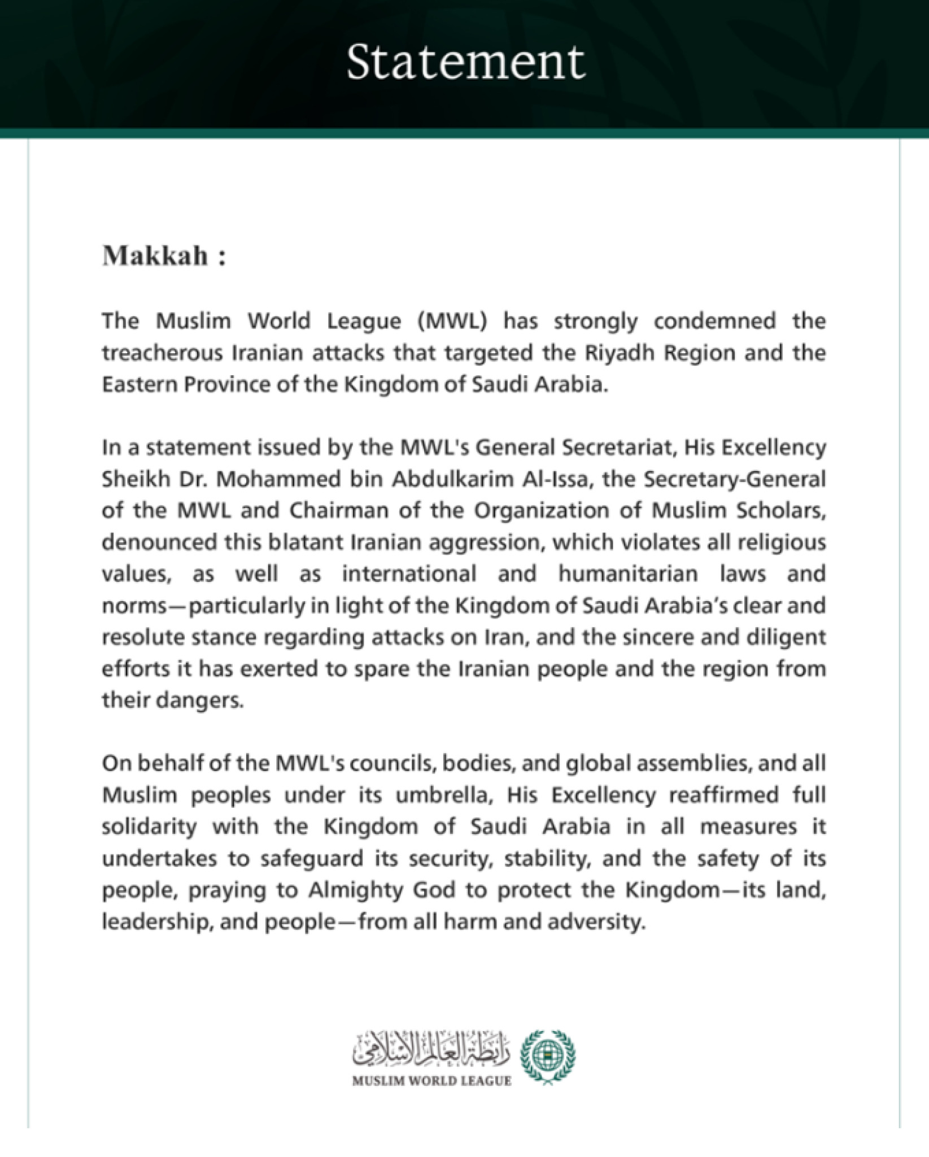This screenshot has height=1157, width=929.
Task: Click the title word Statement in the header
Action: coord(465,62)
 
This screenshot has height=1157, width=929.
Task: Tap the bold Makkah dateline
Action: coord(155,256)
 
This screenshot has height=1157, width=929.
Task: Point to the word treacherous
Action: coord(162,353)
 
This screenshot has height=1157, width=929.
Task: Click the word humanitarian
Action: coord(628,574)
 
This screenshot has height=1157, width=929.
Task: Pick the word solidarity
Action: coord(150,827)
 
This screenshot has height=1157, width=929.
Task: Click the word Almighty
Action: coord(353,890)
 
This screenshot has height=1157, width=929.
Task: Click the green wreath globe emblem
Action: coord(548,1057)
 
